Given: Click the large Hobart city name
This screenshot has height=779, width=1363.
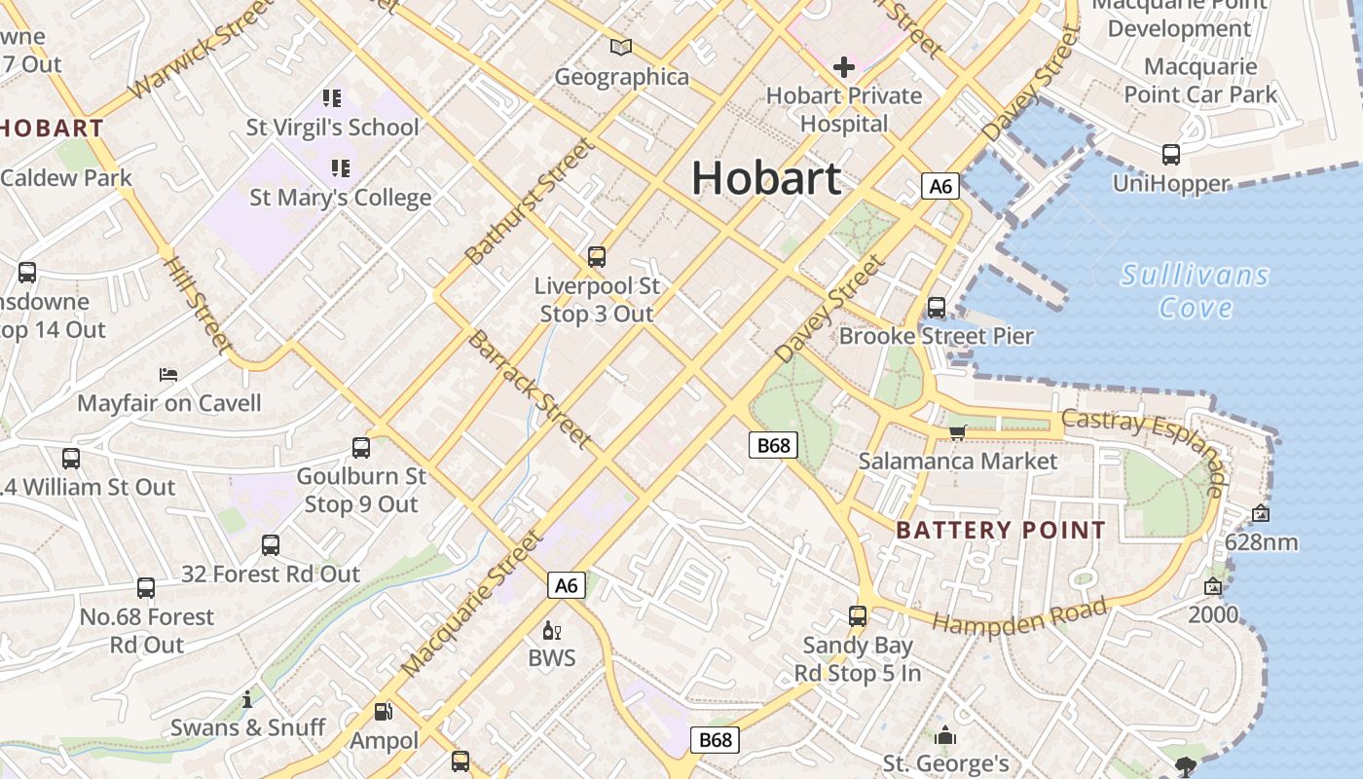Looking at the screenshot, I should point(766,178).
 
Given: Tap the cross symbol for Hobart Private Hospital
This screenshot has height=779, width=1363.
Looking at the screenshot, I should point(844,67).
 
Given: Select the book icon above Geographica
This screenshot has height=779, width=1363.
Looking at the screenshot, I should point(621,47).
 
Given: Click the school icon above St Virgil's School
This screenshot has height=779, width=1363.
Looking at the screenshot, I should point(332,97).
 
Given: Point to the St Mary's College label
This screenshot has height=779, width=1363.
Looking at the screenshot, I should point(340,198).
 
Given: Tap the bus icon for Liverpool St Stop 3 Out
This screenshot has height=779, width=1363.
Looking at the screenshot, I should point(597,257).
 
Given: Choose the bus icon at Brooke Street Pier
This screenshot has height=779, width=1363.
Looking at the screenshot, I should point(937,308).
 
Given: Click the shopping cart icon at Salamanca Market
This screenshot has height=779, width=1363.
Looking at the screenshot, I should point(957,432).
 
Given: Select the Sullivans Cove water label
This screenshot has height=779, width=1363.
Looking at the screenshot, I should point(1196,291).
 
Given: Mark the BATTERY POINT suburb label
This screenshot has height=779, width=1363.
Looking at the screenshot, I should point(1001,531).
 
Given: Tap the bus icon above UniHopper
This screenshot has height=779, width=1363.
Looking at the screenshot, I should point(1171,154).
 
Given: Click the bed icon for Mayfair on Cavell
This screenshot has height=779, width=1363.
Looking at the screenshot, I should point(168,374).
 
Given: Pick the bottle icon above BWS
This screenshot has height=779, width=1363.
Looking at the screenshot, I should point(551,631).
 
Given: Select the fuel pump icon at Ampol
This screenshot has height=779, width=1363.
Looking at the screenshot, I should point(384,712).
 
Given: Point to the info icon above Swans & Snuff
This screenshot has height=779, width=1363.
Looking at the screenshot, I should point(247,699).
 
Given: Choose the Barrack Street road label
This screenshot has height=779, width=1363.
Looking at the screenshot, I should point(530,389).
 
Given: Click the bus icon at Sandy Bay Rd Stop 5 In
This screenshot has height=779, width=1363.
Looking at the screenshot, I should point(858,616).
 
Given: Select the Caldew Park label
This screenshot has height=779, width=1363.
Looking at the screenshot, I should point(66,178).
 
